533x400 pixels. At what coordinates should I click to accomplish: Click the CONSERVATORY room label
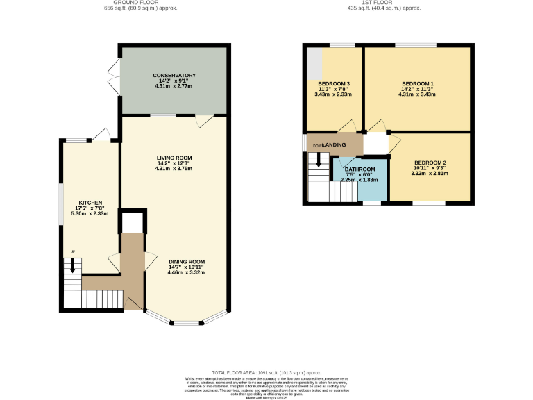174,75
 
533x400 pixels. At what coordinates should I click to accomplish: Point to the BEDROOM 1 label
417,83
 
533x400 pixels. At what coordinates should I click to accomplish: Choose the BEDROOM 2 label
430,162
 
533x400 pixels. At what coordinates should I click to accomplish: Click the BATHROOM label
360,169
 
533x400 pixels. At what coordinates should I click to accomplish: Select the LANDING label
334,144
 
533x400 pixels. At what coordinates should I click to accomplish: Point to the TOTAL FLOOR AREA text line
266,373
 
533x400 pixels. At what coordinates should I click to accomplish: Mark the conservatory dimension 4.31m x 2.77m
174,85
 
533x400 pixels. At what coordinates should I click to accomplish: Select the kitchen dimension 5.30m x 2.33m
90,213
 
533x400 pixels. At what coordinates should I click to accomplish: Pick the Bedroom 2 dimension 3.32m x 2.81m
430,173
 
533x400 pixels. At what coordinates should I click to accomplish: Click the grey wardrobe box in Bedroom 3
314,63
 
